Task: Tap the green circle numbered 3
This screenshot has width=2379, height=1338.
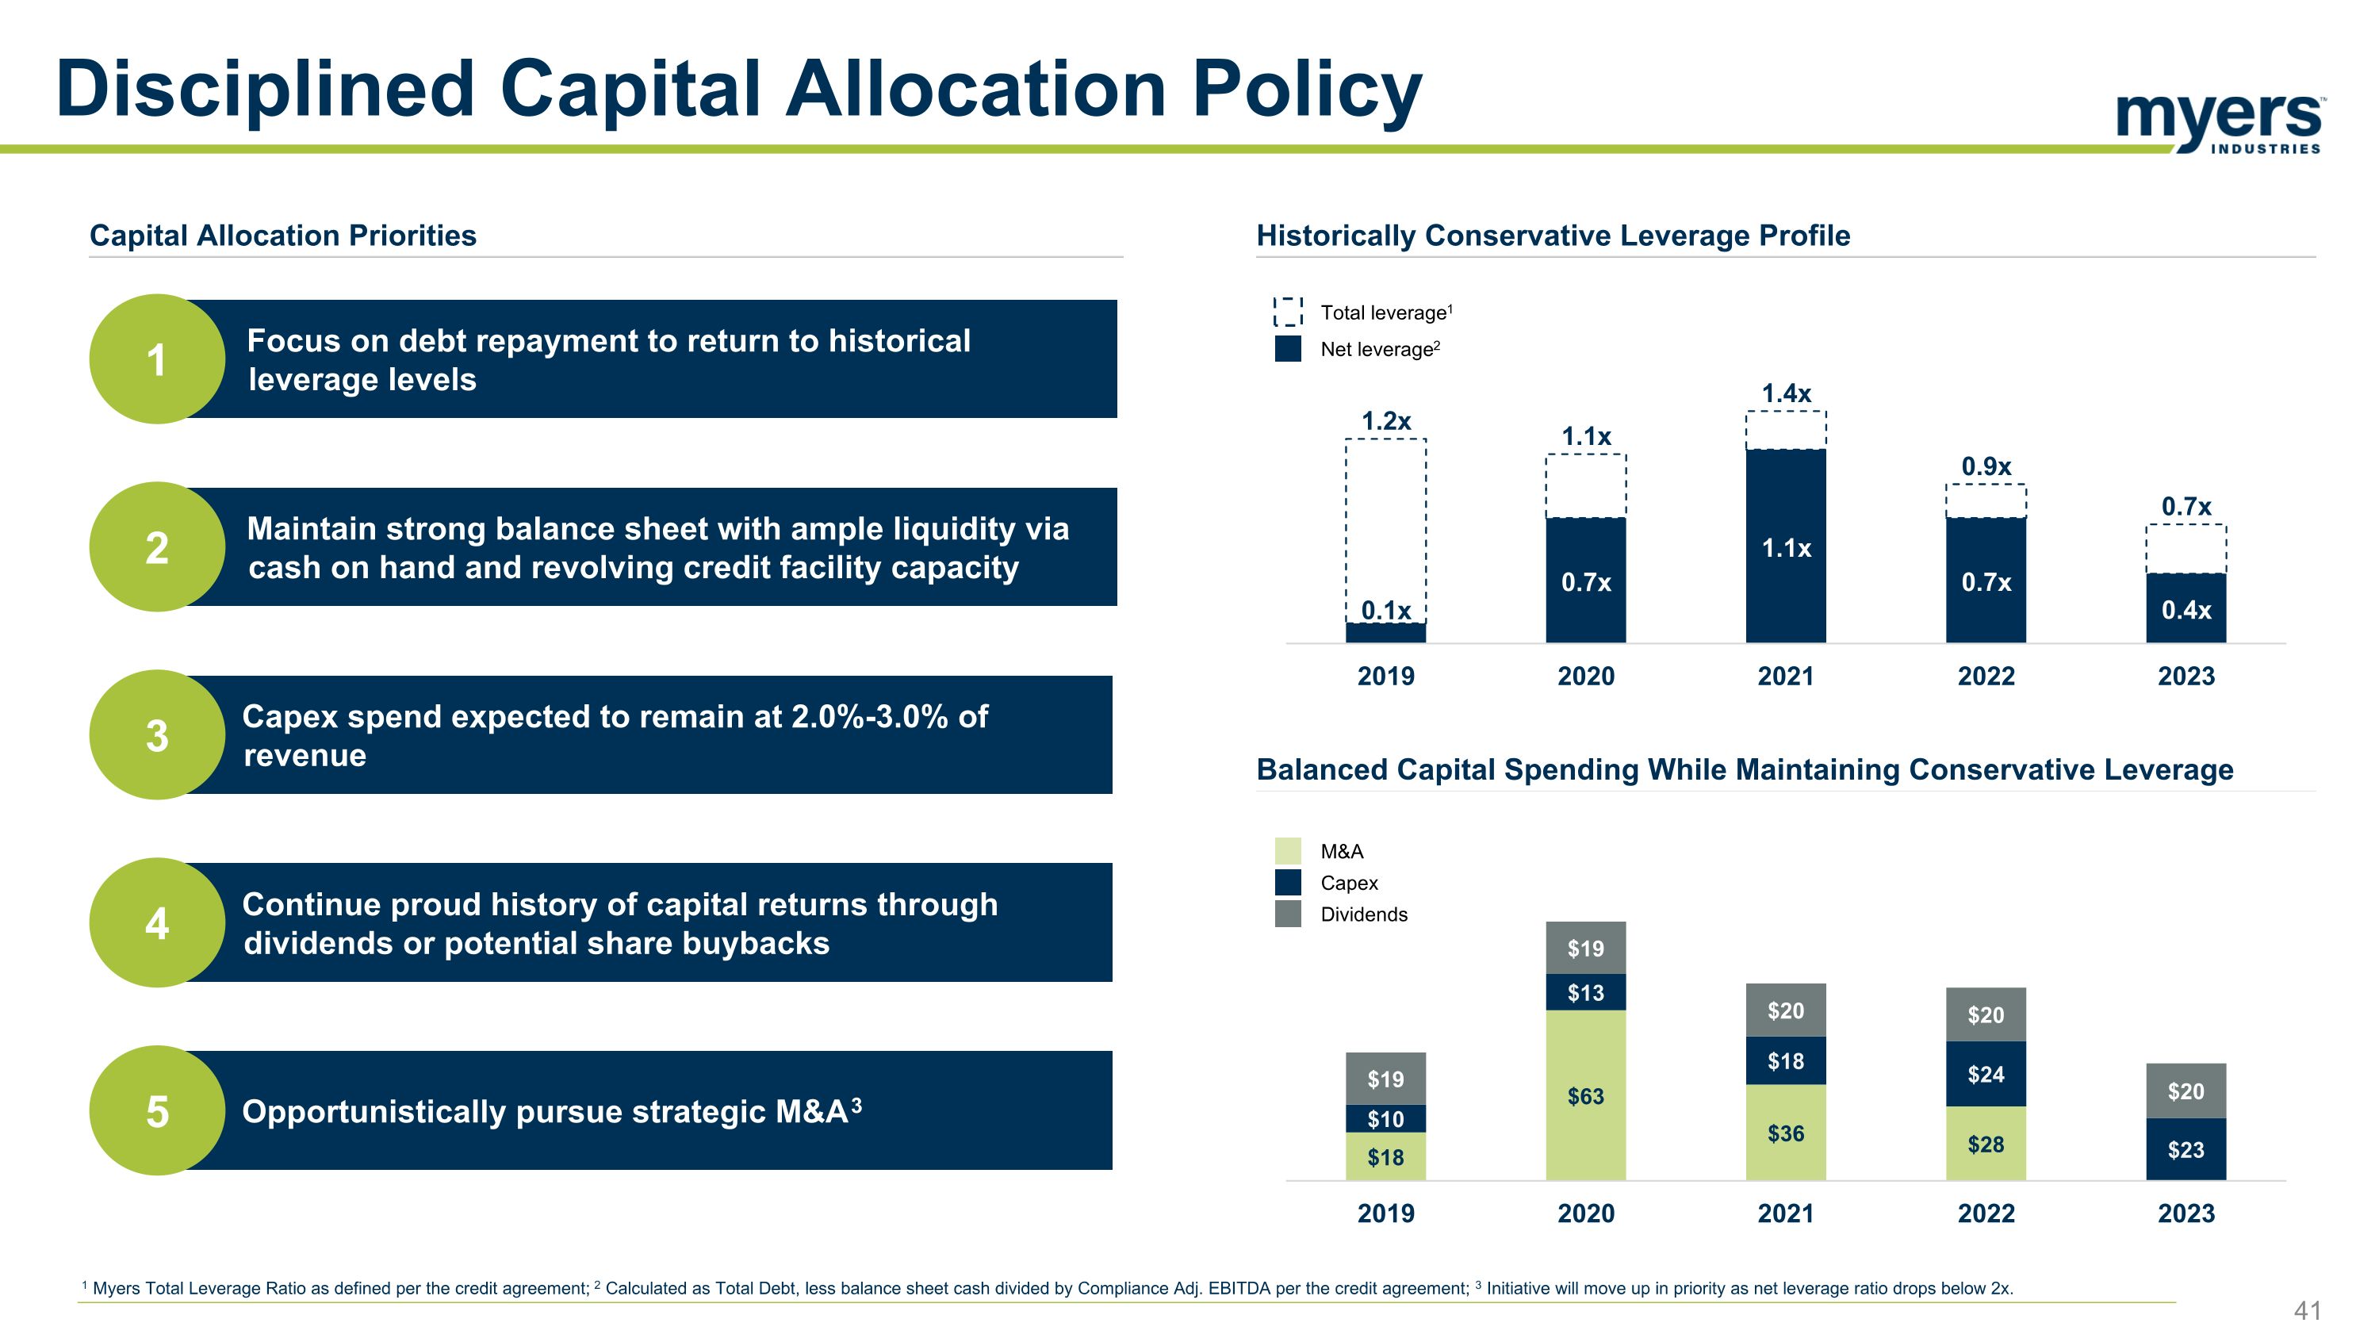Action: coord(157,735)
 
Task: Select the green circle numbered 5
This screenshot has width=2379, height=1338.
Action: coord(157,1111)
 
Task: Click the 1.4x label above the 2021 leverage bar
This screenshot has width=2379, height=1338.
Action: coord(1785,393)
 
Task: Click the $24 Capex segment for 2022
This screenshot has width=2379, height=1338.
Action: coord(1986,1074)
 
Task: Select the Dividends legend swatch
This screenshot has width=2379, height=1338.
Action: coord(1287,914)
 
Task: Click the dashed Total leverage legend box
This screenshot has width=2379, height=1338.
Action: coord(1287,312)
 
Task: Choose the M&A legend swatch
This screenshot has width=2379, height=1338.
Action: coord(1287,850)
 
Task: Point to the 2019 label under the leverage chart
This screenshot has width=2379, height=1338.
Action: coord(1385,676)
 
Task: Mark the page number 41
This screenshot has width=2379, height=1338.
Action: coord(2308,1310)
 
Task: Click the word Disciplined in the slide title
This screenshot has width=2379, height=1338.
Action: coord(265,90)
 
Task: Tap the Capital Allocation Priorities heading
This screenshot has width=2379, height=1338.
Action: coord(282,236)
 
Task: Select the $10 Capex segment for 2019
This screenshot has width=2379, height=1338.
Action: coord(1385,1119)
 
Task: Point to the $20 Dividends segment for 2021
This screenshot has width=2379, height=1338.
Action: coord(1785,1011)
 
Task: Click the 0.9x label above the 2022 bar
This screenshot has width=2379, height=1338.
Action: coord(1986,466)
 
